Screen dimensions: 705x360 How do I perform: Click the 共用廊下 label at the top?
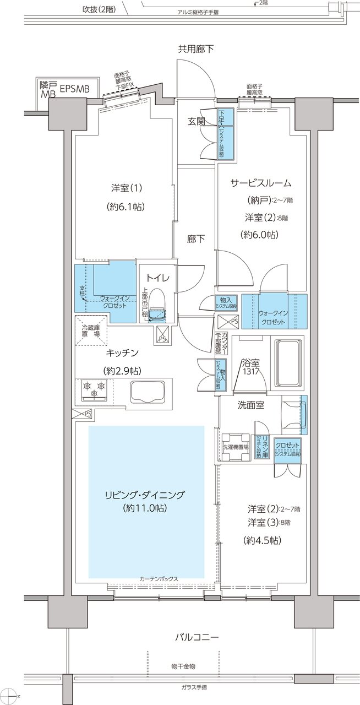pos(195,49)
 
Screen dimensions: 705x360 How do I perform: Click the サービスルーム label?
pos(261,183)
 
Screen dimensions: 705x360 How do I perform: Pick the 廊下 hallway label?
pos(197,239)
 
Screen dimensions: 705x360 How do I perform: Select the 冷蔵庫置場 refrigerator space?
pos(91,330)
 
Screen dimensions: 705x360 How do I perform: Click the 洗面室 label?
pos(250,406)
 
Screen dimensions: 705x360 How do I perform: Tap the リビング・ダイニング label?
pos(146,493)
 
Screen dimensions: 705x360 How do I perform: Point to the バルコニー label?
pos(197,637)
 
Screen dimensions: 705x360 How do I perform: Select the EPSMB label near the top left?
pos(78,88)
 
